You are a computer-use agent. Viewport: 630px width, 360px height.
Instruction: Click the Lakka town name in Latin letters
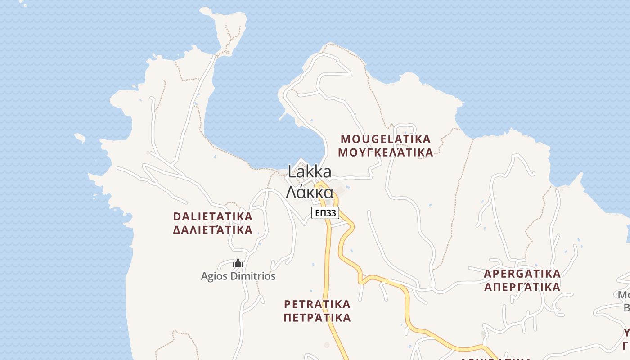point(310,171)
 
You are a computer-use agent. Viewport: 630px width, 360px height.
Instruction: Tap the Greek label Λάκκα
point(310,193)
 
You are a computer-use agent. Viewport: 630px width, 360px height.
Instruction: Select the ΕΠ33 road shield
point(325,213)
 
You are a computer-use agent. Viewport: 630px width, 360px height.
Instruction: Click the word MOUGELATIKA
point(386,139)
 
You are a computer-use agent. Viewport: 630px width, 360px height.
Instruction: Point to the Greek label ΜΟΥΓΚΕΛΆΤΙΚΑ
point(386,153)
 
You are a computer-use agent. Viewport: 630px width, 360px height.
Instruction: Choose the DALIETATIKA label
point(213,216)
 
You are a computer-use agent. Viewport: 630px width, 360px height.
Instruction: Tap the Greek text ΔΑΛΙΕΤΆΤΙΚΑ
point(213,230)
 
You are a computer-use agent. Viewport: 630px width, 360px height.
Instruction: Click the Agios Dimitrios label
point(238,276)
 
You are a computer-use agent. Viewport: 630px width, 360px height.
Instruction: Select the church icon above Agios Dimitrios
point(238,263)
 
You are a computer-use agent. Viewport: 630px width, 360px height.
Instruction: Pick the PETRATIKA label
point(317,304)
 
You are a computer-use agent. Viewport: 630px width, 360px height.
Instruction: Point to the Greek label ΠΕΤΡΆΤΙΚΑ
point(317,318)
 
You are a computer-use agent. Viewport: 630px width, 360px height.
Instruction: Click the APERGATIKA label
point(522,274)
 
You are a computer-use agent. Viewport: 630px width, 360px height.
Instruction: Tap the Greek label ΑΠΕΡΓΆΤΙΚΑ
point(522,287)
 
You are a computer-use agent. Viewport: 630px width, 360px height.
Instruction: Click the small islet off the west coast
point(80,137)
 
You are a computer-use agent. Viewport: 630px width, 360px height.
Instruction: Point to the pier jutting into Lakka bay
point(283,116)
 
